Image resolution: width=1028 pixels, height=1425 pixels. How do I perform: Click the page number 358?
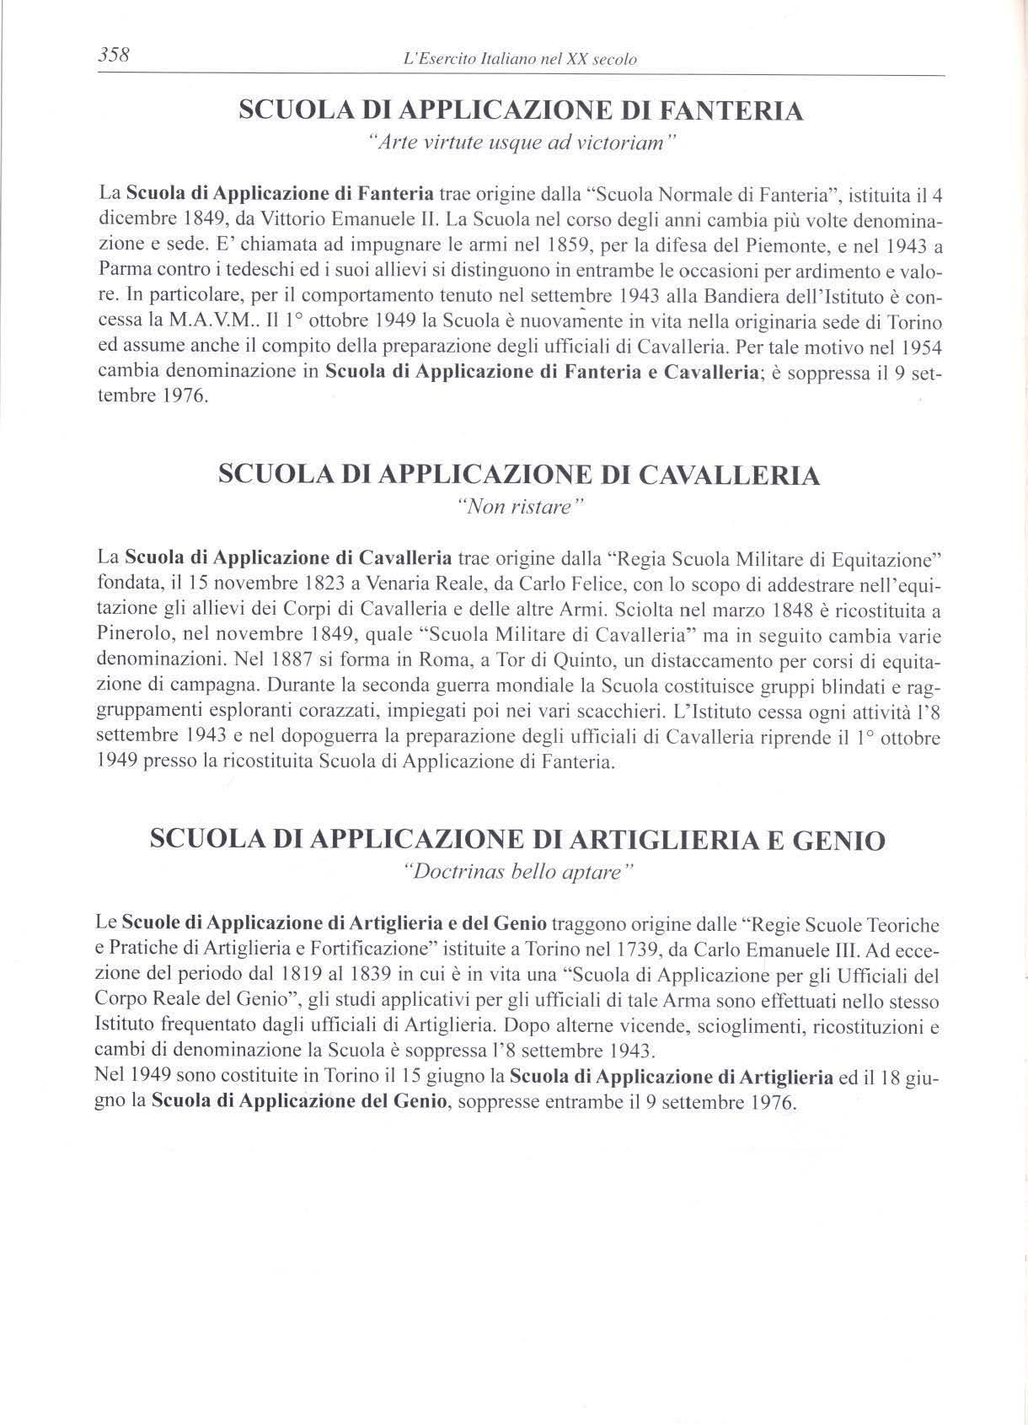tap(112, 56)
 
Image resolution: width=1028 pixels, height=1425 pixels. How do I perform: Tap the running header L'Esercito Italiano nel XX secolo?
tap(521, 59)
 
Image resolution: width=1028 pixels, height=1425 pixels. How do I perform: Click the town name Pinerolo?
tap(133, 635)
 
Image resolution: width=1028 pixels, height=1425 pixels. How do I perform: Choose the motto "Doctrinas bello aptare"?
tap(519, 872)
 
